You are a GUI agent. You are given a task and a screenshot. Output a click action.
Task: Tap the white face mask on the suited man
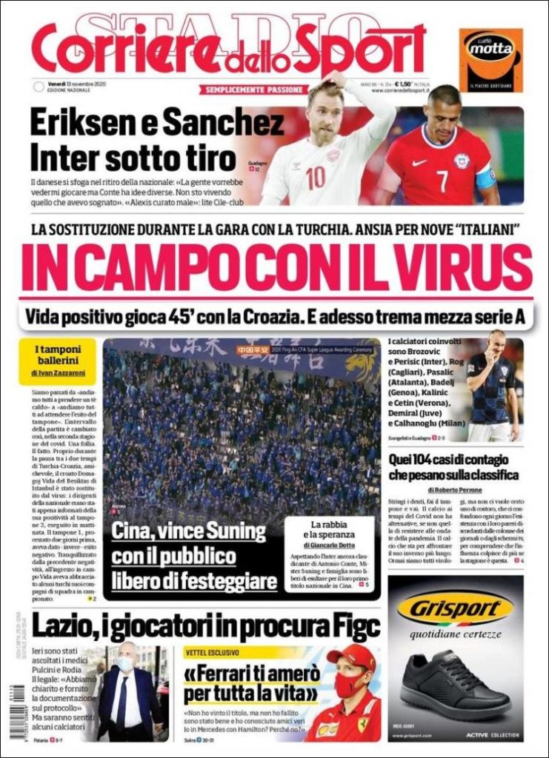click(124, 665)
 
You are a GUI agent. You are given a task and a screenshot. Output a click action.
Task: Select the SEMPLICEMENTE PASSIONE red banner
click(252, 90)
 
